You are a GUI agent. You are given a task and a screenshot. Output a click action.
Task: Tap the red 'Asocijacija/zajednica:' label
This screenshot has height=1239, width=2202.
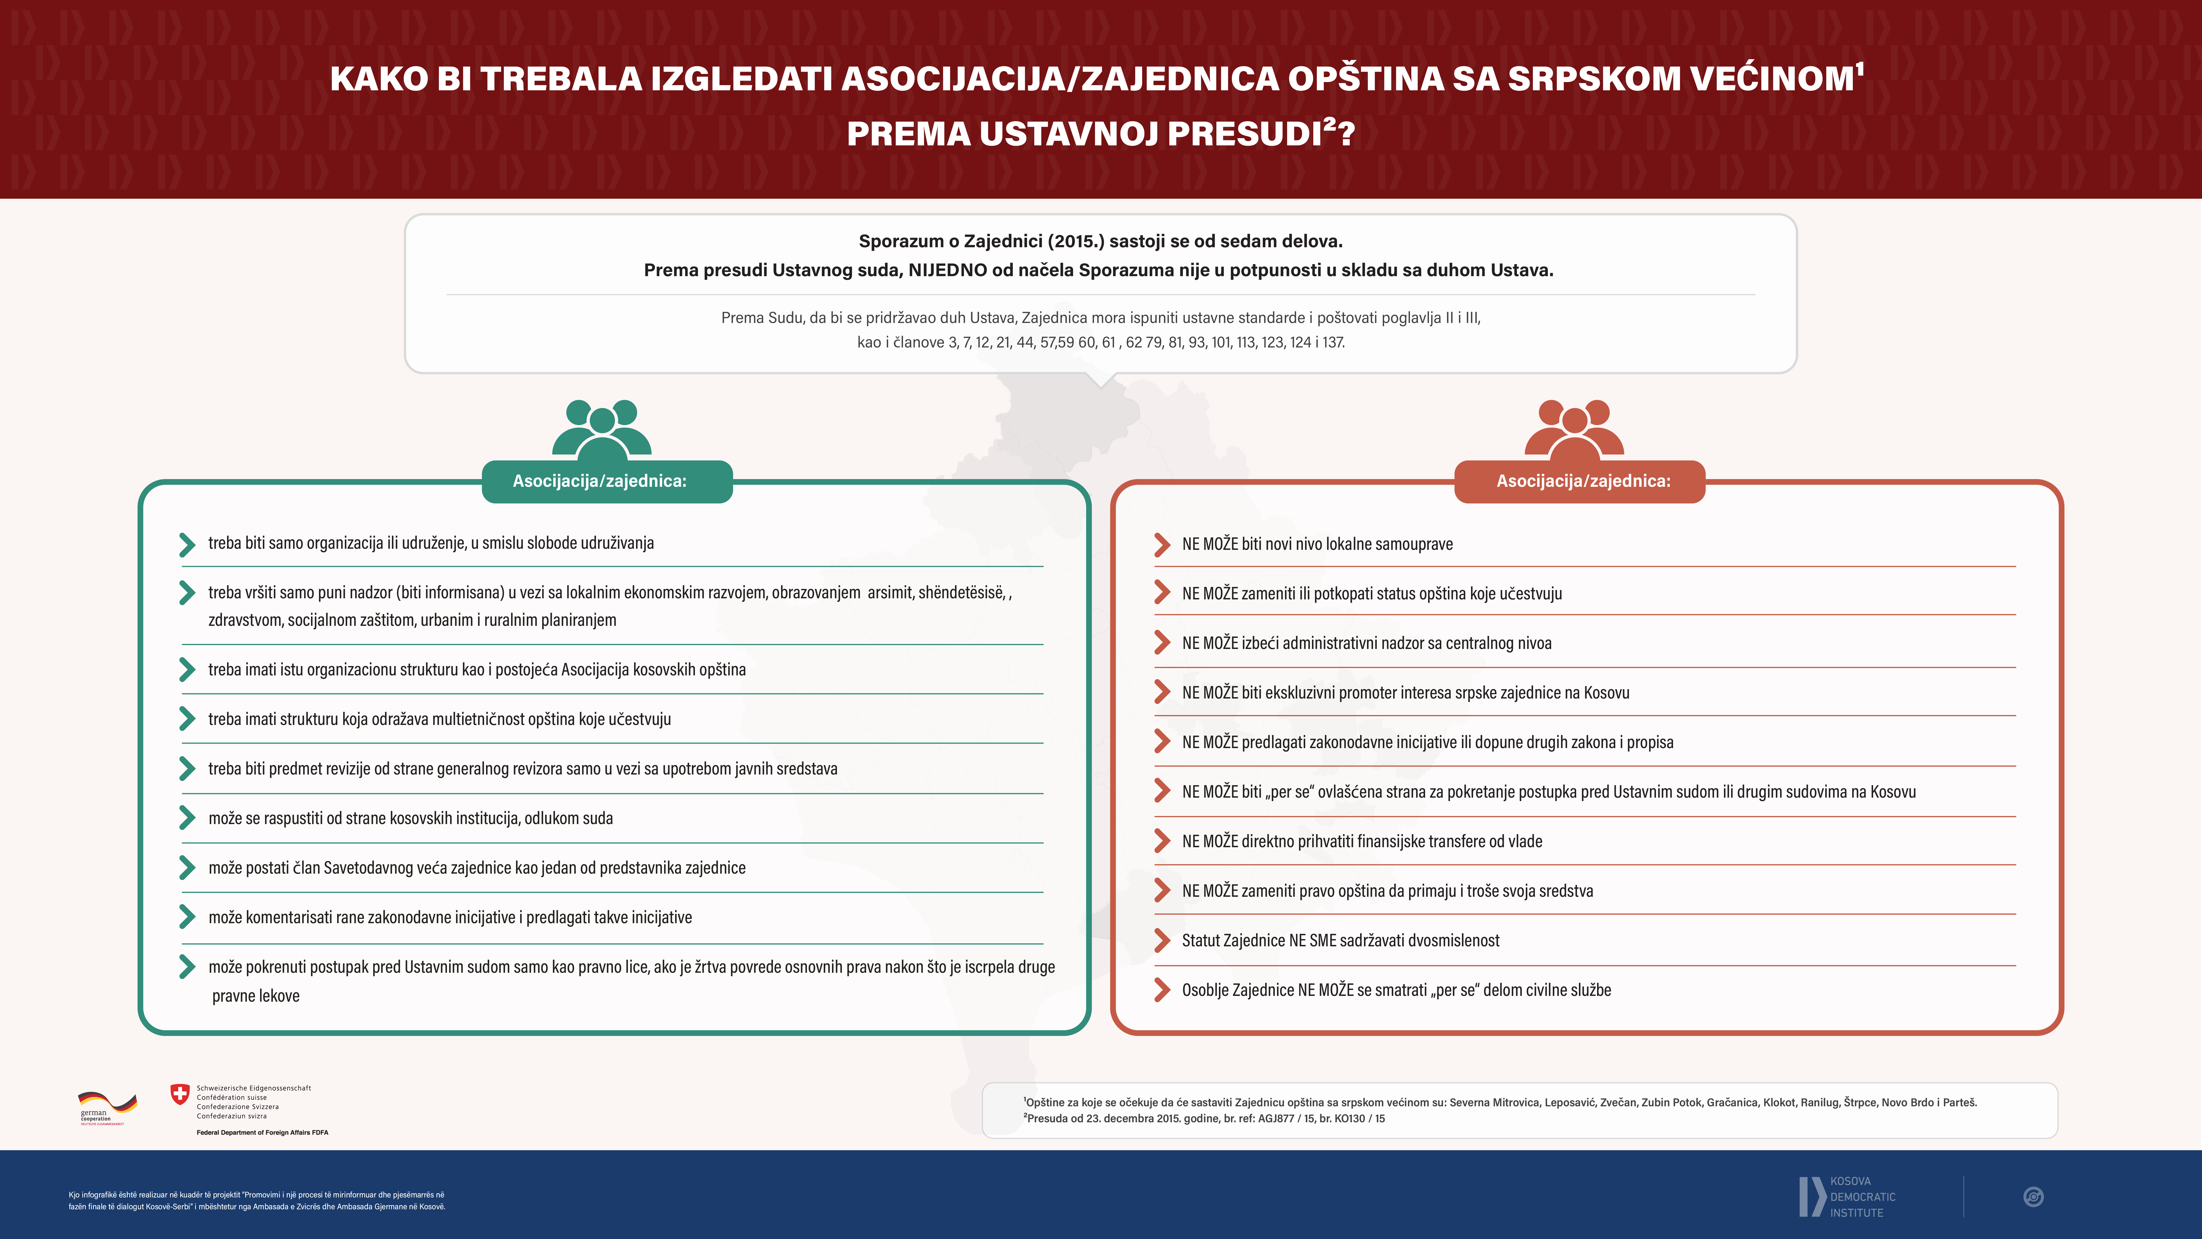click(x=1583, y=481)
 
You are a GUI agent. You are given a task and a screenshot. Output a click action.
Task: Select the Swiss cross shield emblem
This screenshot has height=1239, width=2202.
click(x=179, y=1094)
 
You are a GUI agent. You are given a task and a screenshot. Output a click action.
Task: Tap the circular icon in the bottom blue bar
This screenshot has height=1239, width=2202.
click(x=2034, y=1197)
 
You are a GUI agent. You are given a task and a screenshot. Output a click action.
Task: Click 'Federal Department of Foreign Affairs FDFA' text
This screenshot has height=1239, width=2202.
click(x=263, y=1132)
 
